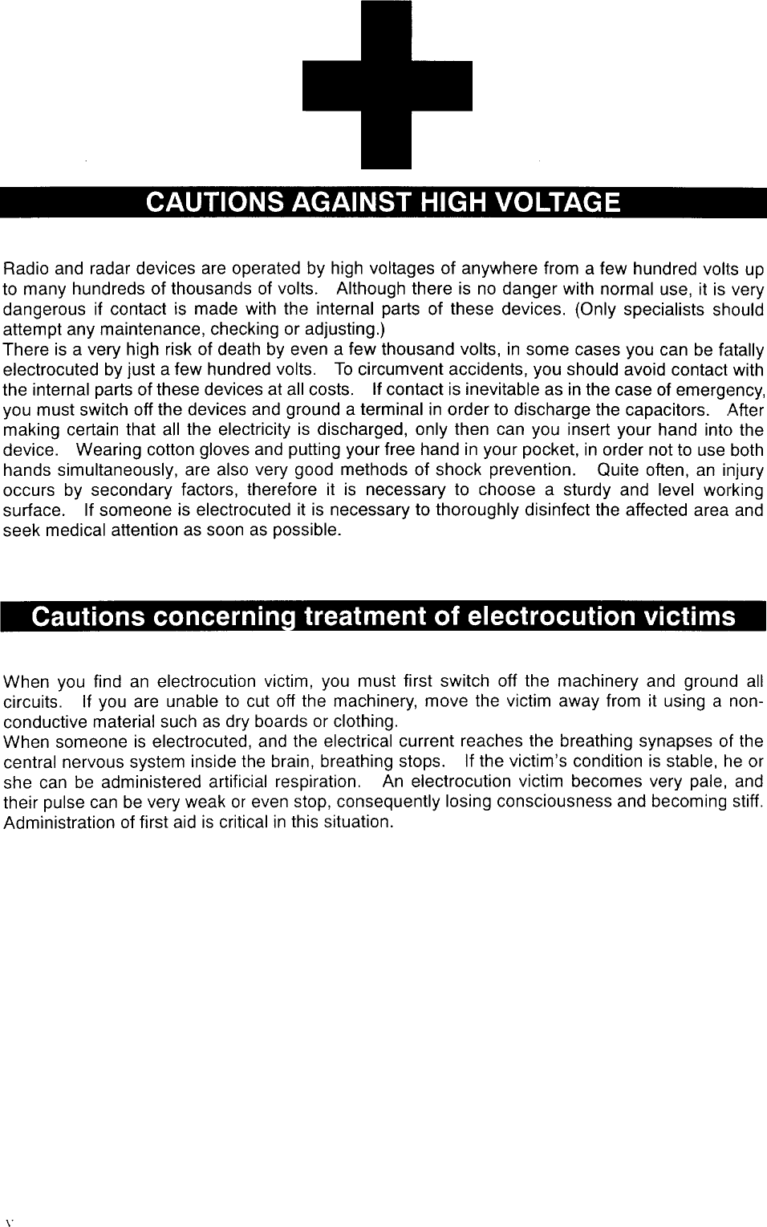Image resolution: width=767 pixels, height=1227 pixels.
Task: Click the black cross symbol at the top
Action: coord(387,85)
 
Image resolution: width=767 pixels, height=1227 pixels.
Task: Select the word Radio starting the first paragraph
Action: coord(23,269)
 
